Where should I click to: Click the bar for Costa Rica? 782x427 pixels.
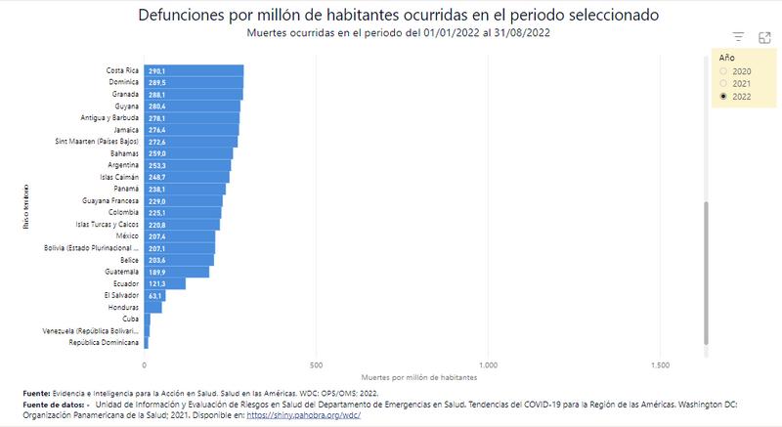pos(194,70)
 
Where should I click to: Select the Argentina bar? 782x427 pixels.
pos(188,165)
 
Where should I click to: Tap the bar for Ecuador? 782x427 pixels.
pos(164,283)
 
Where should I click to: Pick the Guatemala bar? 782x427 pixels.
pos(177,272)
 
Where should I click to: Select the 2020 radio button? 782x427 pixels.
pos(723,71)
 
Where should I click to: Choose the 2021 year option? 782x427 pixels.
pos(723,84)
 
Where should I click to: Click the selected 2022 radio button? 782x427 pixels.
pos(723,97)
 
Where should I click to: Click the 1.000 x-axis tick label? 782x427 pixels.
pos(488,365)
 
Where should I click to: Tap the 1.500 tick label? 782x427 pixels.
pos(660,365)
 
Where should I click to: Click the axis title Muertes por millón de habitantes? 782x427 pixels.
pos(418,376)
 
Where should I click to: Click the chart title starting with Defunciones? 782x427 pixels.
pos(398,17)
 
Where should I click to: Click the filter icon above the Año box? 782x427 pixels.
pos(739,37)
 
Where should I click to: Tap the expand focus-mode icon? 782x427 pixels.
pos(764,37)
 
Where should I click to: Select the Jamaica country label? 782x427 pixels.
pos(124,129)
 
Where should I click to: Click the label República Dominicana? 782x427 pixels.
pos(104,343)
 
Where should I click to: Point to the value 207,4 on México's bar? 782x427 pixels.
pos(156,236)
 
